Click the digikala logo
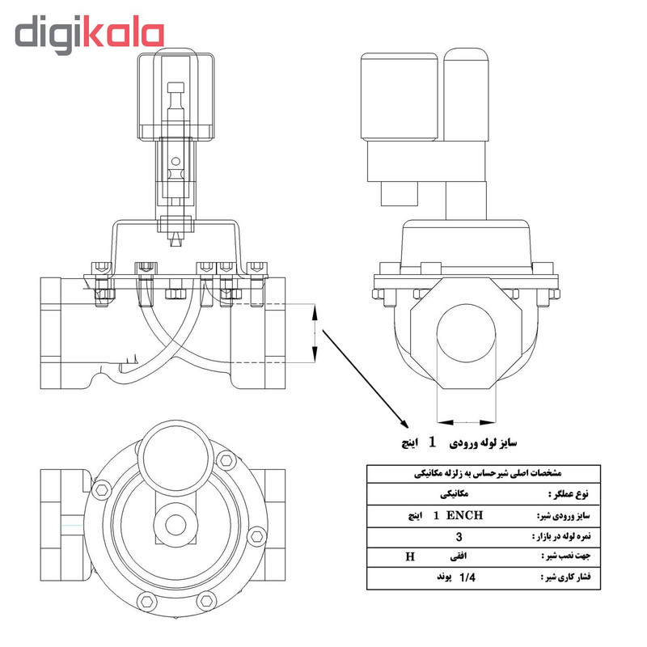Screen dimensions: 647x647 (89, 34)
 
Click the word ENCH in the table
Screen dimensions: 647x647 (465, 515)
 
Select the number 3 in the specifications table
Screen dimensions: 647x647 (459, 536)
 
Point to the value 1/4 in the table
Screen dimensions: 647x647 (467, 578)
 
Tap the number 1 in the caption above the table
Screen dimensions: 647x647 (432, 442)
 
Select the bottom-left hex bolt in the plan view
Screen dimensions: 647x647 (146, 599)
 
